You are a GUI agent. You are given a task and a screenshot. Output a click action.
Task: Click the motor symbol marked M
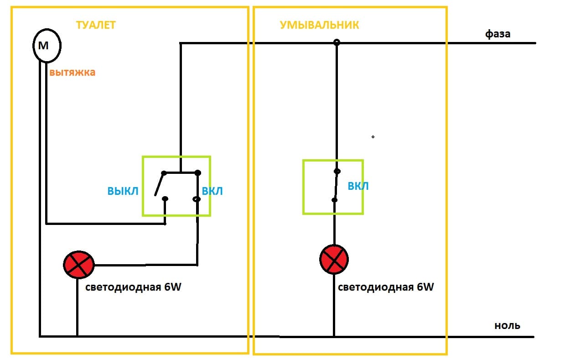(x=47, y=46)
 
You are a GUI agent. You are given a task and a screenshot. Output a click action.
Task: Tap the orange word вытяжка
(x=73, y=73)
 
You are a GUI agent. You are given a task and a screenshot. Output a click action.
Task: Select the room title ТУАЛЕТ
(x=95, y=25)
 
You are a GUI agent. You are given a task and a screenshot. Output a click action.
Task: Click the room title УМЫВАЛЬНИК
(x=319, y=25)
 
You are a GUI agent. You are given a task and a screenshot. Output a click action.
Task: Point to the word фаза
(x=497, y=34)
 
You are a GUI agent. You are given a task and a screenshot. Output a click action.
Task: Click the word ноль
(x=507, y=326)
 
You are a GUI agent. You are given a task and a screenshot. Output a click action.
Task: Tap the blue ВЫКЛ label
(x=123, y=191)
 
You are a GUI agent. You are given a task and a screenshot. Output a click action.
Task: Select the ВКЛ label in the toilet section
(x=212, y=191)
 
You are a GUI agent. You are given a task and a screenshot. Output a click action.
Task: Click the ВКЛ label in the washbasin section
(x=358, y=186)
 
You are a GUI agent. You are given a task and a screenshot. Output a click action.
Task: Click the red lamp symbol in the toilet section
(x=78, y=265)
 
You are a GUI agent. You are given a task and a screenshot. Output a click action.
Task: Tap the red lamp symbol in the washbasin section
(x=334, y=259)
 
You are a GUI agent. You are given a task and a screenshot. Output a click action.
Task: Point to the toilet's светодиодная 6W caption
(x=134, y=287)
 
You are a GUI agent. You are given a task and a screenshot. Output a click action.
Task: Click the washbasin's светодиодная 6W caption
(x=386, y=287)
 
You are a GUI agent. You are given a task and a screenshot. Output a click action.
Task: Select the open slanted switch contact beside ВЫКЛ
(x=160, y=185)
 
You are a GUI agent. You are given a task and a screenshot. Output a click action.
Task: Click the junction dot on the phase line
(x=337, y=42)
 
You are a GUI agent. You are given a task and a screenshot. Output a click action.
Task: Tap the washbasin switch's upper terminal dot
(x=337, y=172)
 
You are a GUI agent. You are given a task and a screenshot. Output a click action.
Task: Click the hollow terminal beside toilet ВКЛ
(x=197, y=199)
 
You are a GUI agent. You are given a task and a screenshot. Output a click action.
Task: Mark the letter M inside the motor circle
(x=43, y=45)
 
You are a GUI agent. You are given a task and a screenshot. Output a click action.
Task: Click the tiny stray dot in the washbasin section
(x=373, y=136)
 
